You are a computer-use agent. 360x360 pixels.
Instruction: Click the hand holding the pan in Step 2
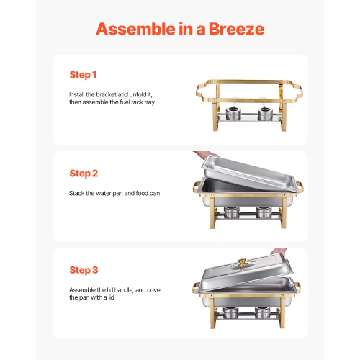pos(205,156)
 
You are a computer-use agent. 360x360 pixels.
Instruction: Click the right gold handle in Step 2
pos(302,189)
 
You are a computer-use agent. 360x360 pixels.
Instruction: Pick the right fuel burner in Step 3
pos(265,312)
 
